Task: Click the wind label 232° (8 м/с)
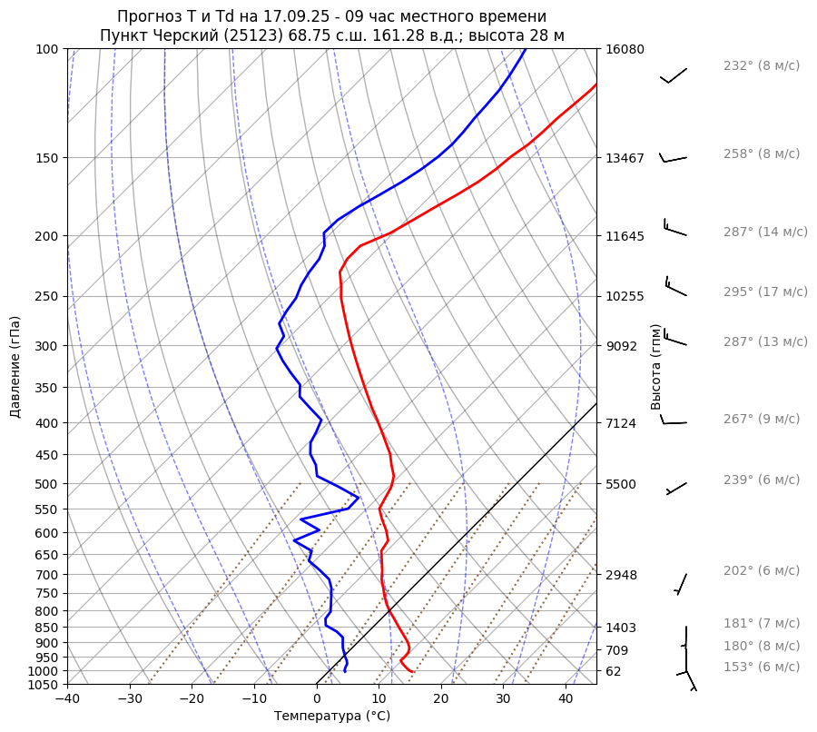click(761, 65)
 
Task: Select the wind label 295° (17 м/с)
click(764, 292)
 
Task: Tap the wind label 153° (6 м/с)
click(761, 667)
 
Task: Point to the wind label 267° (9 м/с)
click(761, 419)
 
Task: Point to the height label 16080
click(625, 49)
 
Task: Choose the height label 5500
click(621, 484)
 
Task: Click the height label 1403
click(621, 628)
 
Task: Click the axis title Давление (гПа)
click(15, 366)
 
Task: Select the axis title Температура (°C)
click(332, 717)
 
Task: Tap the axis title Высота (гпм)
click(655, 366)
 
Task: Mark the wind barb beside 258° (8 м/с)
click(673, 159)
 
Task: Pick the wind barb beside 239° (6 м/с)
click(676, 488)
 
